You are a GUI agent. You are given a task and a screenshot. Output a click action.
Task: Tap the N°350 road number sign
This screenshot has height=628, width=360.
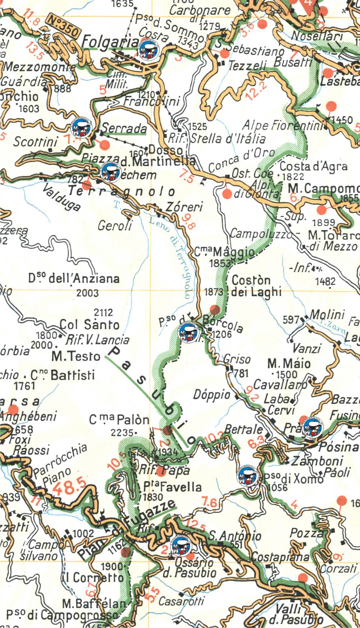pyautogui.click(x=63, y=27)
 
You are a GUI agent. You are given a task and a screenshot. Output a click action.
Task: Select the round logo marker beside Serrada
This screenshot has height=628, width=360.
pyautogui.click(x=82, y=129)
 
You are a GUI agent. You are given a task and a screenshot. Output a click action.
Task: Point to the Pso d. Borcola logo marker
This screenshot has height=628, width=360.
pyautogui.click(x=189, y=333)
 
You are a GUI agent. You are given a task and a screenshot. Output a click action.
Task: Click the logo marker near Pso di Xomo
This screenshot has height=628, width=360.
pyautogui.click(x=248, y=476)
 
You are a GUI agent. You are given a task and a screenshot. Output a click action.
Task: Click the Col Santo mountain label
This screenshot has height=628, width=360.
pyautogui.click(x=89, y=324)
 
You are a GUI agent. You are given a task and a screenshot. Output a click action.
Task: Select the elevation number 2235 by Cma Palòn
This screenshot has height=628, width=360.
pyautogui.click(x=122, y=433)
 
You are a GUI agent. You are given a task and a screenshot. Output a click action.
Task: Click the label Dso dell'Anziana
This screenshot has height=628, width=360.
pyautogui.click(x=74, y=278)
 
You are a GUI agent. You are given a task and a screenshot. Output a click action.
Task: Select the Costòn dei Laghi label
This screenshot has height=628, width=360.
pyautogui.click(x=256, y=286)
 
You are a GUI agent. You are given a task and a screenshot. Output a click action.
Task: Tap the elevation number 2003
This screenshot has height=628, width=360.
pyautogui.click(x=87, y=293)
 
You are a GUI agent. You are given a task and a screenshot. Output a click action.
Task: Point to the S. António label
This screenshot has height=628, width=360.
pyautogui.click(x=235, y=536)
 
